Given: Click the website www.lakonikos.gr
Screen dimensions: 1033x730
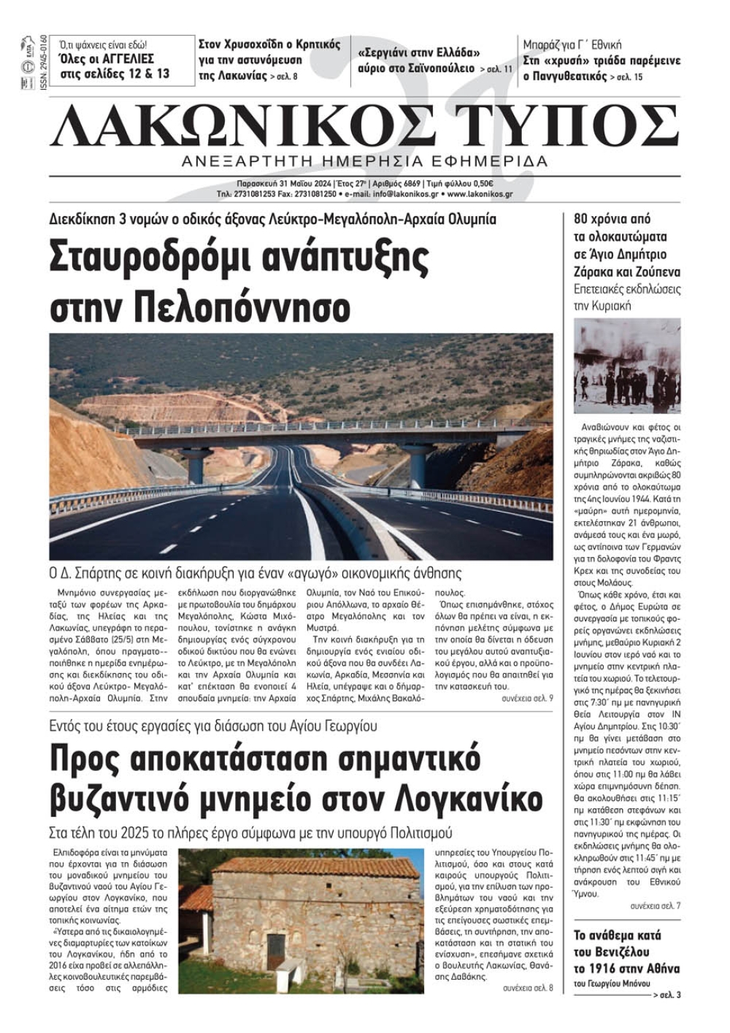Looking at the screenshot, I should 480,194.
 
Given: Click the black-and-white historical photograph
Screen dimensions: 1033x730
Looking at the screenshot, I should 627,366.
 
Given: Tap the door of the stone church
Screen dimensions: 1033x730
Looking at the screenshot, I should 275,951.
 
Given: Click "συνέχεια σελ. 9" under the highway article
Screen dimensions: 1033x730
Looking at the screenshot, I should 527,698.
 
